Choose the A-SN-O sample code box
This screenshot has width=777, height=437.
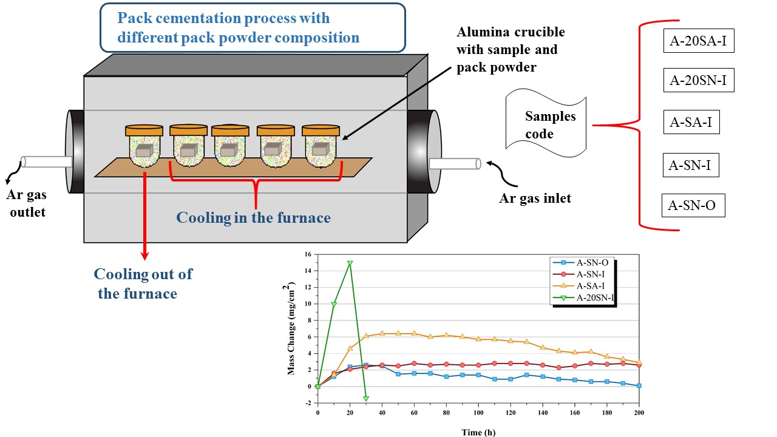[692, 206]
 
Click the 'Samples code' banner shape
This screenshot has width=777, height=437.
[546, 124]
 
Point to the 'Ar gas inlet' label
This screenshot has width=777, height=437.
[535, 198]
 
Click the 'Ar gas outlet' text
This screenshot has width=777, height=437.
[27, 203]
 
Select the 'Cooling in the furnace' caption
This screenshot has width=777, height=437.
[253, 217]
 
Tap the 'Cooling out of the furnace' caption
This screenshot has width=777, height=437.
[143, 283]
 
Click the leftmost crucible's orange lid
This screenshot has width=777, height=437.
[144, 130]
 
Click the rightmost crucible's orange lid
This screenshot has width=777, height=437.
[321, 130]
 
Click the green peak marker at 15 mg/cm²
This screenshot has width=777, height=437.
[350, 263]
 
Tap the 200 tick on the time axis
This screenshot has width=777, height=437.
[639, 413]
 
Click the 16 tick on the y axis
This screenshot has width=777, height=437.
[308, 254]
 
